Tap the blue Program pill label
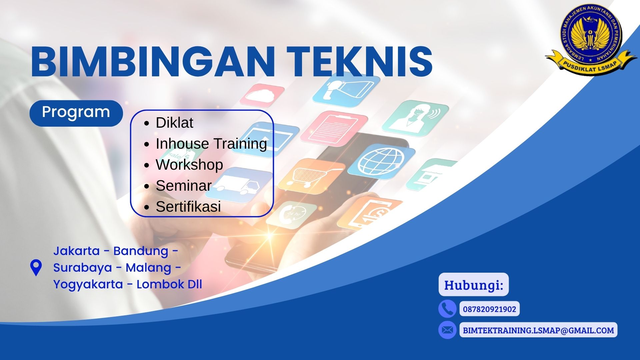tap(76, 113)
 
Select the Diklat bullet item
tap(174, 123)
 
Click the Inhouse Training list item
tap(211, 144)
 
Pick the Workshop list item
tap(189, 165)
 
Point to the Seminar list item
tap(183, 186)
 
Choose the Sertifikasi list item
tap(188, 207)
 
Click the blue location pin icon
tap(36, 267)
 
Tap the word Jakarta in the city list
tap(76, 251)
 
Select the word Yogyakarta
tap(88, 284)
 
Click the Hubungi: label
tap(473, 285)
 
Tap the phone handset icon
tap(447, 309)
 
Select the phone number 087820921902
tap(489, 309)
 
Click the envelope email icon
tap(447, 330)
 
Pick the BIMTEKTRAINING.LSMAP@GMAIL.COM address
tap(538, 330)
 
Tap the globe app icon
tap(381, 161)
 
